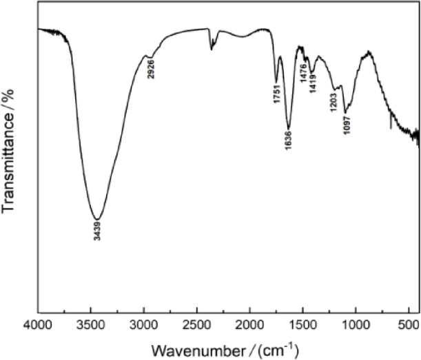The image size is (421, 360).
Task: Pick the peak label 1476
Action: pyautogui.click(x=303, y=69)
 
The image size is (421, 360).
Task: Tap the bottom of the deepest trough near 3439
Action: pyautogui.click(x=98, y=218)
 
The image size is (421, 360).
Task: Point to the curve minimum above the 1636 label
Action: pyautogui.click(x=289, y=128)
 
